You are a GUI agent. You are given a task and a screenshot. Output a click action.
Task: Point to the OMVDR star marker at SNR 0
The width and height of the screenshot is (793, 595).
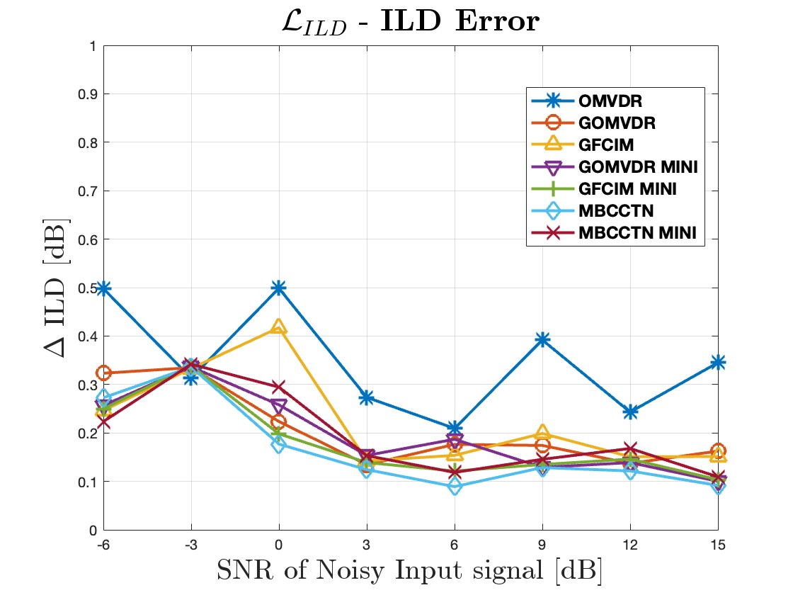point(279,288)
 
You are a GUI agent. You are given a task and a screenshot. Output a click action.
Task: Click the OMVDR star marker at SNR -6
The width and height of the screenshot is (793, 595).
point(104,288)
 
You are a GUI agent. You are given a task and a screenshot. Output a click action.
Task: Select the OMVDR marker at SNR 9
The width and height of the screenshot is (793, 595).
point(542,340)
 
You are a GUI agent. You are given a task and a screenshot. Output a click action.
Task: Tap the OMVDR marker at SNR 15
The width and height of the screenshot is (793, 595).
point(717,363)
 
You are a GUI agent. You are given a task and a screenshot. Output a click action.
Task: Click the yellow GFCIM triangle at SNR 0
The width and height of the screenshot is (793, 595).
point(279,327)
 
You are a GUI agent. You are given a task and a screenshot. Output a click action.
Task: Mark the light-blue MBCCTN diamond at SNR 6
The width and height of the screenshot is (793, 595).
point(455,487)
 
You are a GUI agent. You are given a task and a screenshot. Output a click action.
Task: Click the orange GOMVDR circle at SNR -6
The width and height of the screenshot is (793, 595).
point(104,373)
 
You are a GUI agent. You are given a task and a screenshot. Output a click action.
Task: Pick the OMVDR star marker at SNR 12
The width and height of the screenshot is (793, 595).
point(630,412)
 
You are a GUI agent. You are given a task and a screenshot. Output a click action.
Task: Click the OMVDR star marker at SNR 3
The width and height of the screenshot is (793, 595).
point(367,398)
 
